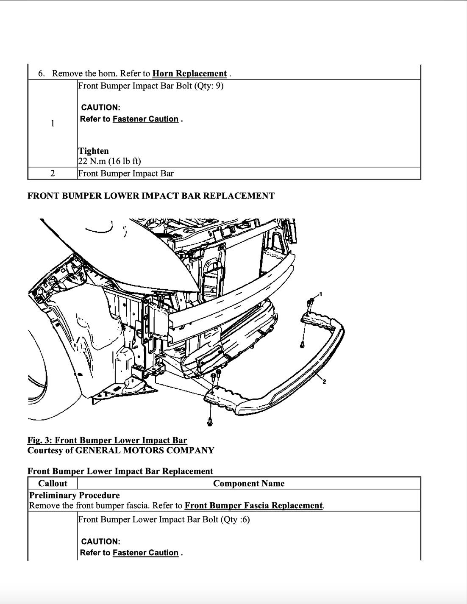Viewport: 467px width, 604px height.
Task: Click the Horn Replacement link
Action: point(189,73)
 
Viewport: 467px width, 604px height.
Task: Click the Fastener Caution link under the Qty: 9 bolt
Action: point(145,119)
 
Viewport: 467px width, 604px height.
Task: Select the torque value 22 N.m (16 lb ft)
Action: point(109,161)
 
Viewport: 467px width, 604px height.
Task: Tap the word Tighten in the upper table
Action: point(93,151)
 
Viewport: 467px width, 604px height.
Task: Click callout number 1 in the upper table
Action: point(52,123)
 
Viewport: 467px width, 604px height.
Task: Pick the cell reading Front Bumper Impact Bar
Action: point(126,173)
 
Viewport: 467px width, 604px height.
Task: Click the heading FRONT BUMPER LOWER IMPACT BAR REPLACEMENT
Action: point(151,196)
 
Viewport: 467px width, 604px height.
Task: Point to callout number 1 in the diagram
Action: point(321,294)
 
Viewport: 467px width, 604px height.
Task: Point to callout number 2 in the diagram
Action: point(324,382)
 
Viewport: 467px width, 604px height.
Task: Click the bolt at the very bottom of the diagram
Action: point(210,421)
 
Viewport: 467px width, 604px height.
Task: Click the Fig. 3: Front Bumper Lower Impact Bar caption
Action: point(107,441)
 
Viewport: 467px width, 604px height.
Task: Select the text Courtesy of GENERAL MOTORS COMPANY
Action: point(121,450)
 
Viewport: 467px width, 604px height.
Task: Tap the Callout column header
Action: point(53,483)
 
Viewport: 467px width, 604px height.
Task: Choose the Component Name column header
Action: point(249,483)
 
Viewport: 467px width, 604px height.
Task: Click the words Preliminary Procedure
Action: point(74,495)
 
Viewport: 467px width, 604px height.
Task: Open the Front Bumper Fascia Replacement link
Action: point(254,505)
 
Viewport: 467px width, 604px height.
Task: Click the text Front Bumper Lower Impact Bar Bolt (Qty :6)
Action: point(164,519)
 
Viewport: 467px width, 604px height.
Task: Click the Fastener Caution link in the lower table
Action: point(145,553)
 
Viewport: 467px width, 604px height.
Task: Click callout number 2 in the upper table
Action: point(52,173)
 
